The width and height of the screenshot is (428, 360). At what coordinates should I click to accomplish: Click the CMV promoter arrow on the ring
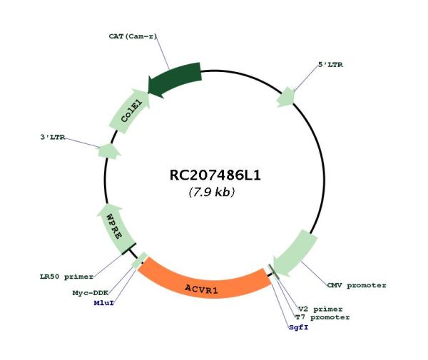295,254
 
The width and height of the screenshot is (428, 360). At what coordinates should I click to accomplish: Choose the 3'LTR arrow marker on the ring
108,150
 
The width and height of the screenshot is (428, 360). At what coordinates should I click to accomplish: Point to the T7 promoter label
322,317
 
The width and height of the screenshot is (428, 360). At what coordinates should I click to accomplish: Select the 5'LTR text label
329,65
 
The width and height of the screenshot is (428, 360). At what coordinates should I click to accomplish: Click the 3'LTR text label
53,136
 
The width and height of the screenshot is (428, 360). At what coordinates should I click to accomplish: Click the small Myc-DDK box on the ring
138,262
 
